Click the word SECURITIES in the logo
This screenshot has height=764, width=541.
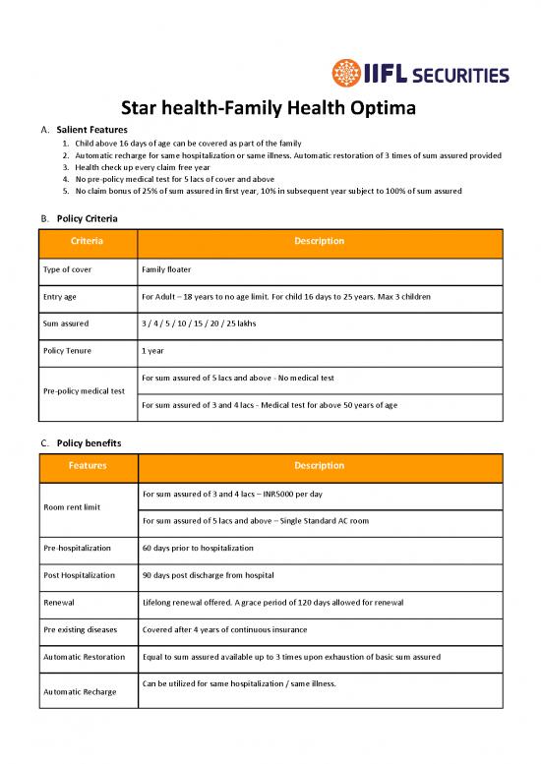[467, 76]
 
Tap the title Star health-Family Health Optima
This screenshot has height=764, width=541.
[270, 108]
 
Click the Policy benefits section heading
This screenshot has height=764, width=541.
[94, 440]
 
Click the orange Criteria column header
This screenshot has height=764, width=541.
[87, 241]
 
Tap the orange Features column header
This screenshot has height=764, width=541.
[87, 465]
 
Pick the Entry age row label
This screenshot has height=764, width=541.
[61, 295]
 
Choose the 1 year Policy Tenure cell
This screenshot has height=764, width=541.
[154, 350]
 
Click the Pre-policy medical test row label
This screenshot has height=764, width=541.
[83, 390]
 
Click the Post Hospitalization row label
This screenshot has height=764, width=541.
[78, 574]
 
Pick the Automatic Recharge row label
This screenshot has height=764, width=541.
[79, 692]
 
